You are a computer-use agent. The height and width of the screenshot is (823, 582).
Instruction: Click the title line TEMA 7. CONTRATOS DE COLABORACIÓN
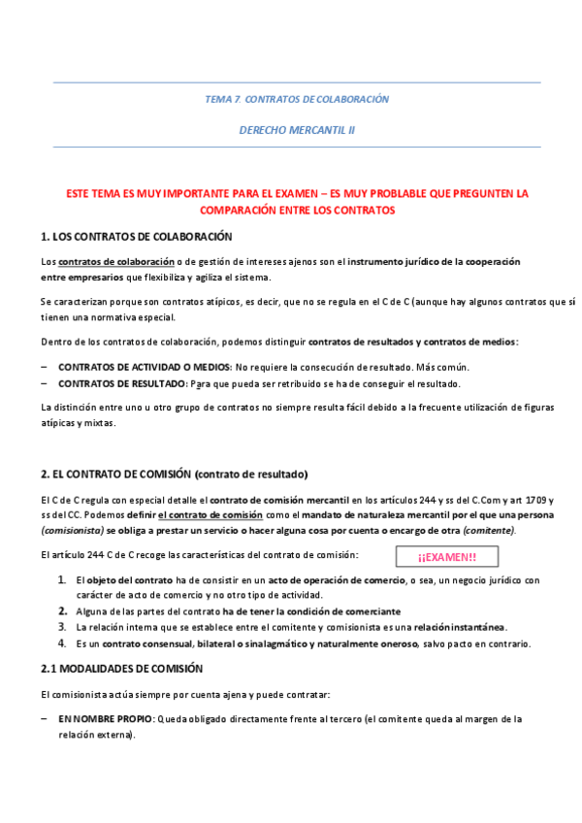297,99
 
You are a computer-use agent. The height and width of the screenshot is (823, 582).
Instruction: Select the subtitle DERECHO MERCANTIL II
297,129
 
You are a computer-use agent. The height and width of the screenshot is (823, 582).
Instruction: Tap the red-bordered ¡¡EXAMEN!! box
447,556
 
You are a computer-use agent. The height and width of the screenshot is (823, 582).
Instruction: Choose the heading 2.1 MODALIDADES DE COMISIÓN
122,669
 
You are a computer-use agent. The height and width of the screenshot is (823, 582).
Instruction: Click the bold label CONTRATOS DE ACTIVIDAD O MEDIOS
145,367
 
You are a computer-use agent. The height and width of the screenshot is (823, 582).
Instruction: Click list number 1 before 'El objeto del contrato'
62,579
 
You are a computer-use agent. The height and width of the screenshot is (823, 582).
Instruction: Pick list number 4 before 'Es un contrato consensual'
62,642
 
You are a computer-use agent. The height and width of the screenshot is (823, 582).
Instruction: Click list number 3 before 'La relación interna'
62,627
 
